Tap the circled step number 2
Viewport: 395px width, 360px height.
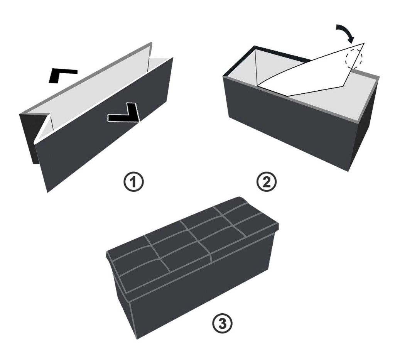coord(266,182)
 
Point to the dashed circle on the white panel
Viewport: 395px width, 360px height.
coord(354,59)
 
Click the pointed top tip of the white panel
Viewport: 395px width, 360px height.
coord(364,43)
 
